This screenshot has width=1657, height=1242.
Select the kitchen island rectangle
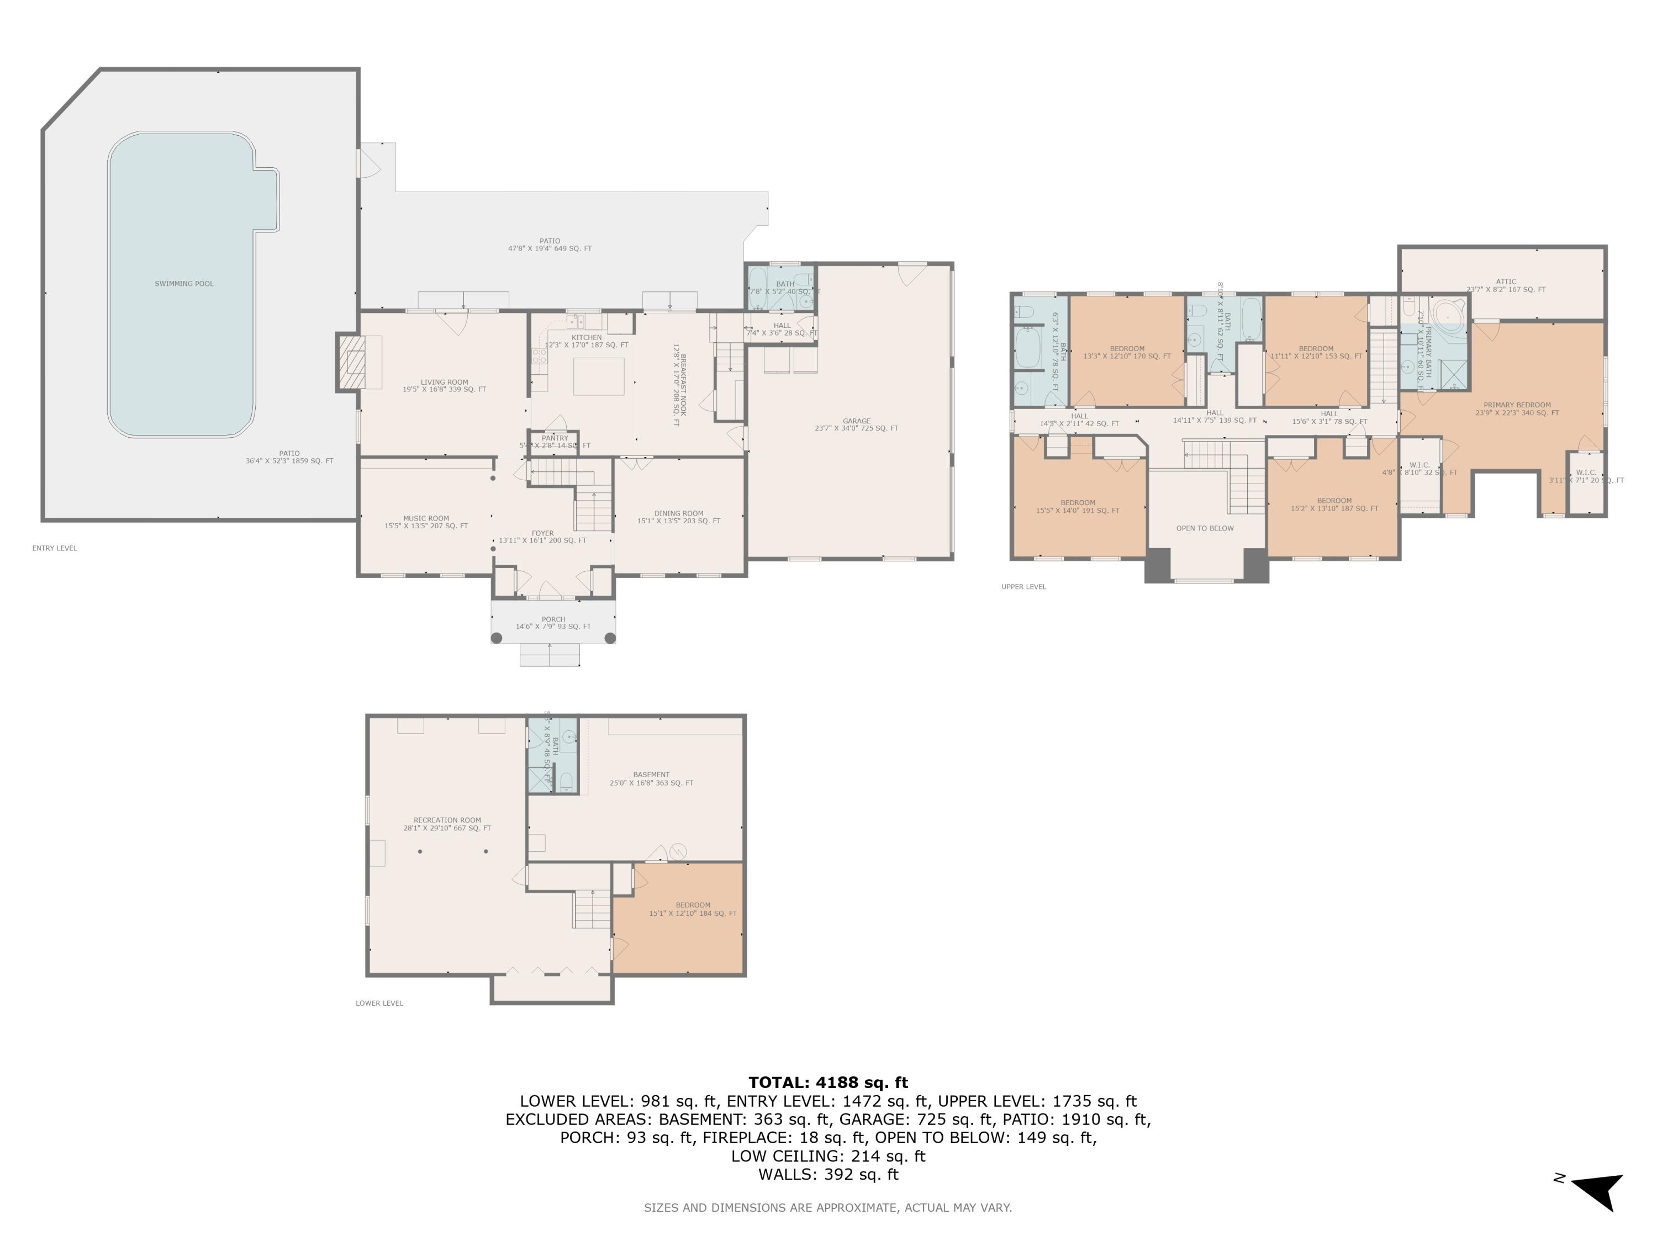pyautogui.click(x=599, y=376)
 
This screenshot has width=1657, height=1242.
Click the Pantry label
pyautogui.click(x=555, y=438)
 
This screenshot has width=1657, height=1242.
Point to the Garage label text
pyautogui.click(x=856, y=422)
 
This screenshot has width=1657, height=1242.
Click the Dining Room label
pyautogui.click(x=679, y=513)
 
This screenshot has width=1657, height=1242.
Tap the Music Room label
pyautogui.click(x=426, y=518)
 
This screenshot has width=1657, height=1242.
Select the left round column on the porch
pyautogui.click(x=497, y=638)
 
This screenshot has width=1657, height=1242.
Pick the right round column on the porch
pyautogui.click(x=610, y=638)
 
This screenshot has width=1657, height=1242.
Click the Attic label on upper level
pyautogui.click(x=1506, y=282)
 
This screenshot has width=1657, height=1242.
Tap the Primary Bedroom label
pyautogui.click(x=1517, y=405)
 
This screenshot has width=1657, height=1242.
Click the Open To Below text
pyautogui.click(x=1205, y=529)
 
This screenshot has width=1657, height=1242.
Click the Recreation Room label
pyautogui.click(x=447, y=820)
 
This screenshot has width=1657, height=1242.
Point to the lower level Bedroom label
pyautogui.click(x=693, y=905)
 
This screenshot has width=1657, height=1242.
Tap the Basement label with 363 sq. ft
pyautogui.click(x=651, y=775)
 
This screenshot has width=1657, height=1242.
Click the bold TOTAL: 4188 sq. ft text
pyautogui.click(x=828, y=1082)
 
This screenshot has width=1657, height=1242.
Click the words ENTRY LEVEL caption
pyautogui.click(x=55, y=548)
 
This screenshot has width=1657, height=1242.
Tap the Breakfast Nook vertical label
pyautogui.click(x=679, y=385)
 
